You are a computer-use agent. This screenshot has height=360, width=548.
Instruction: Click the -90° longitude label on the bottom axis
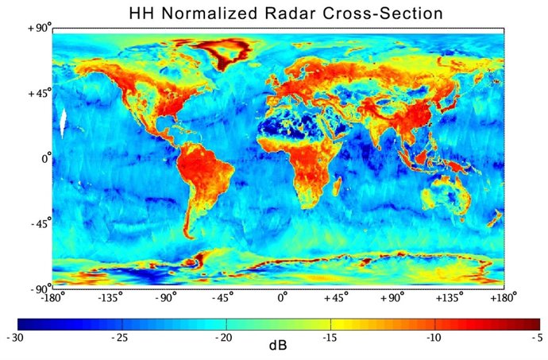pos(165,300)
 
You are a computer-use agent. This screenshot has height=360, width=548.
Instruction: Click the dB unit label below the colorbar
pos(277,346)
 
